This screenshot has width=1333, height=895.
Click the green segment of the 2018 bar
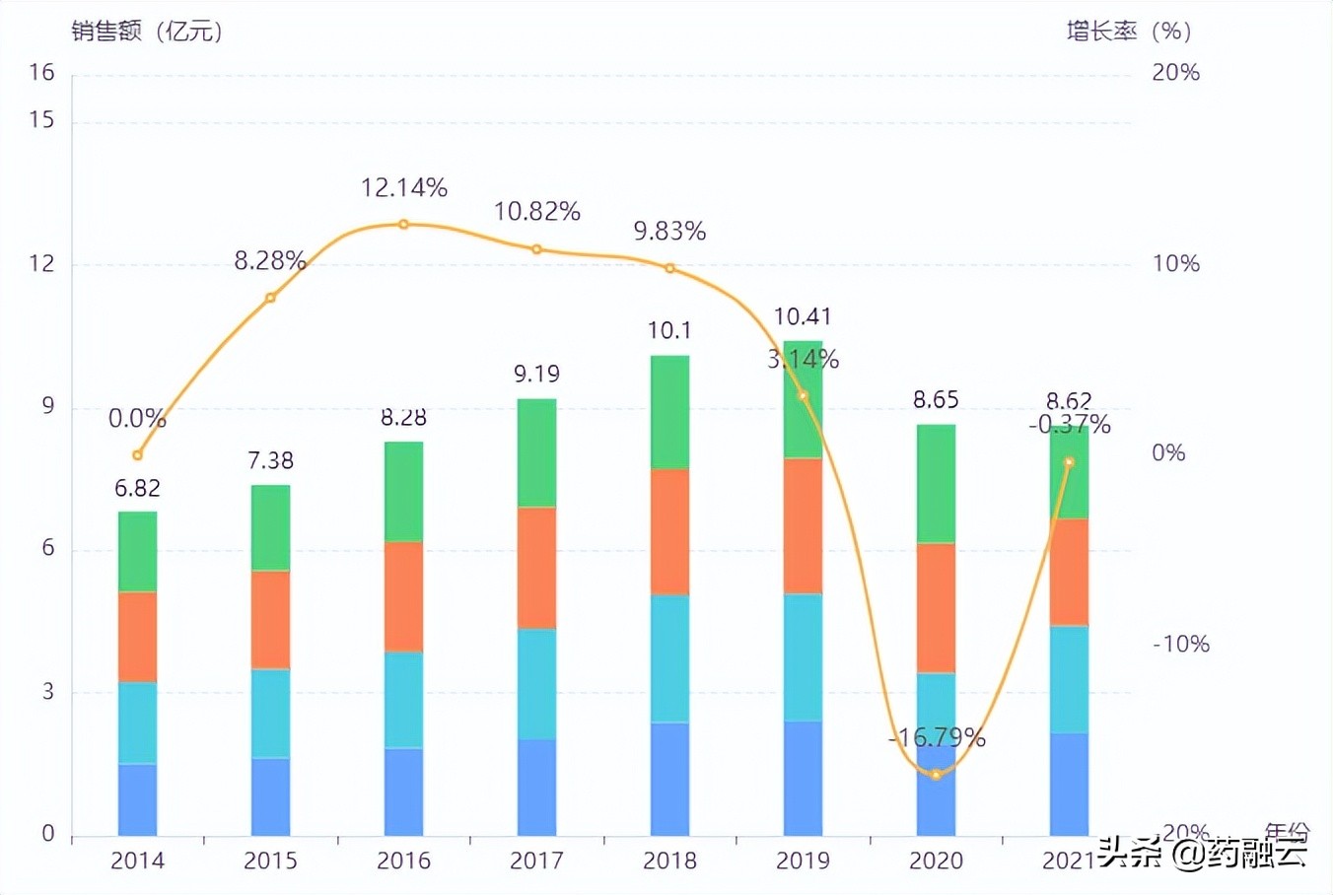click(x=669, y=411)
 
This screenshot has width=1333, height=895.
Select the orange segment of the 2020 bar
click(x=936, y=607)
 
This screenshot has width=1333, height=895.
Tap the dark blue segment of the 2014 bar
click(x=137, y=798)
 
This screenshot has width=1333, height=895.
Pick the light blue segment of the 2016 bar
click(x=403, y=699)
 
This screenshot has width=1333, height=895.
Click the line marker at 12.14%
click(x=403, y=225)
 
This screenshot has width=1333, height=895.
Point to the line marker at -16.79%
click(x=936, y=775)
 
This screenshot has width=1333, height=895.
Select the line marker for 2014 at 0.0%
click(x=137, y=455)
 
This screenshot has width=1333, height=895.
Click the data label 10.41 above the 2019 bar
click(x=803, y=316)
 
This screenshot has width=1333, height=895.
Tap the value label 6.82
click(x=137, y=488)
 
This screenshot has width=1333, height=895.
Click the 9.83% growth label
click(x=669, y=231)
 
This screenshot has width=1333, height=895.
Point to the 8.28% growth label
click(x=269, y=260)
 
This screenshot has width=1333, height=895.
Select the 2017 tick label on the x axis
click(x=536, y=861)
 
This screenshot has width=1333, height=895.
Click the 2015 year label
click(x=270, y=861)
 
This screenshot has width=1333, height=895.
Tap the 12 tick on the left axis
click(x=41, y=263)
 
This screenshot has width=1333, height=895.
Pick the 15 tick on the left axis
click(x=41, y=120)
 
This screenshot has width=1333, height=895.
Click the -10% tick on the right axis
click(x=1180, y=644)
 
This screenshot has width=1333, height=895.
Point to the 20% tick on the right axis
click(x=1175, y=72)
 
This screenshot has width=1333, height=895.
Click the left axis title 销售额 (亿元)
click(x=146, y=32)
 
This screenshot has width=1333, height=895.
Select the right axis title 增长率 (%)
click(x=1129, y=32)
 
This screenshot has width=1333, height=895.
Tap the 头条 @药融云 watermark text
click(x=1203, y=851)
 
